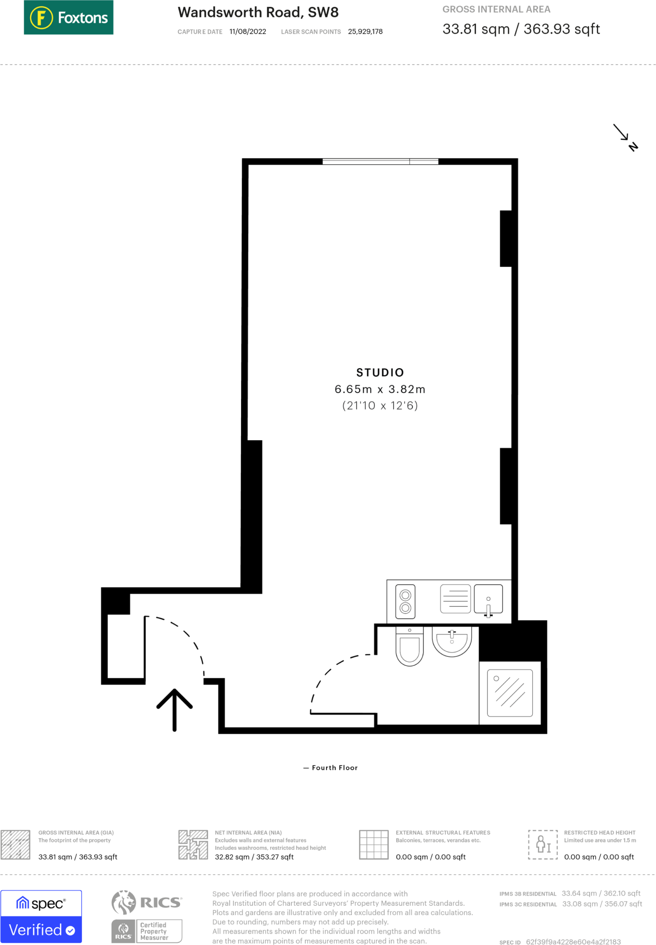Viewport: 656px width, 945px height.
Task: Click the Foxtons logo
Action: pos(68,18)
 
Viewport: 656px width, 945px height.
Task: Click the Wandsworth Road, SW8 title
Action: pos(258,12)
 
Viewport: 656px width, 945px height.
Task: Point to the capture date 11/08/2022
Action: pos(247,32)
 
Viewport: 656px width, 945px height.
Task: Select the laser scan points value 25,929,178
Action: pos(365,32)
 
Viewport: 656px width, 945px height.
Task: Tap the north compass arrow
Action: pos(625,137)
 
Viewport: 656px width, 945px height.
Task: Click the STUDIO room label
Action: pos(380,372)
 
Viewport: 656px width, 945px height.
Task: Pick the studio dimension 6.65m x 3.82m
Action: pos(380,389)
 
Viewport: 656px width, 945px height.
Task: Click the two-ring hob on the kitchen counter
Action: pos(405,601)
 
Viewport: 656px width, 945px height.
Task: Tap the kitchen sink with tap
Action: pos(488,600)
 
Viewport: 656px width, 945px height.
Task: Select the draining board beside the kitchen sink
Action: pos(455,599)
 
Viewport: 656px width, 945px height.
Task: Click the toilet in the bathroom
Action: pos(409,646)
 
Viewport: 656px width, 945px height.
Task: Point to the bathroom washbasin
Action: pos(451,640)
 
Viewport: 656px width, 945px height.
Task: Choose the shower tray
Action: pos(510,693)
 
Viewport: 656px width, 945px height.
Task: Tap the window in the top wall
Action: pos(380,161)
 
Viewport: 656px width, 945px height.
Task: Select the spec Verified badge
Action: pos(41,916)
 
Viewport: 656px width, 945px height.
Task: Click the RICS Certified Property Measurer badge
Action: pos(147,916)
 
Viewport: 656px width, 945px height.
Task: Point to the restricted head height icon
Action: pos(543,844)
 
